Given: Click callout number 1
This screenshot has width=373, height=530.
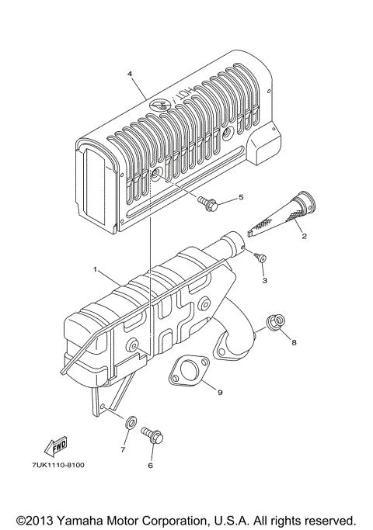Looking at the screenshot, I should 95,269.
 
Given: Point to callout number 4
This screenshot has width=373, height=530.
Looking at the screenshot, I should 130,74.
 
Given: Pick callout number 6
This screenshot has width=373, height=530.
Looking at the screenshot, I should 150,466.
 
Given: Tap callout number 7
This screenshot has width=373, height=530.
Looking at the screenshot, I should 122,449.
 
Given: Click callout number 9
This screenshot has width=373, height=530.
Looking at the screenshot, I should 220,393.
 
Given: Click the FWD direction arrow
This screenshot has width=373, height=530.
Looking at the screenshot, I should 57,446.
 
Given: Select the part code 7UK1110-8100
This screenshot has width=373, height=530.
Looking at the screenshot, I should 58,466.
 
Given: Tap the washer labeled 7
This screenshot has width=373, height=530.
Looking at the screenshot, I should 131,423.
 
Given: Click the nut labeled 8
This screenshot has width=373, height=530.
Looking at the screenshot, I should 274,320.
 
